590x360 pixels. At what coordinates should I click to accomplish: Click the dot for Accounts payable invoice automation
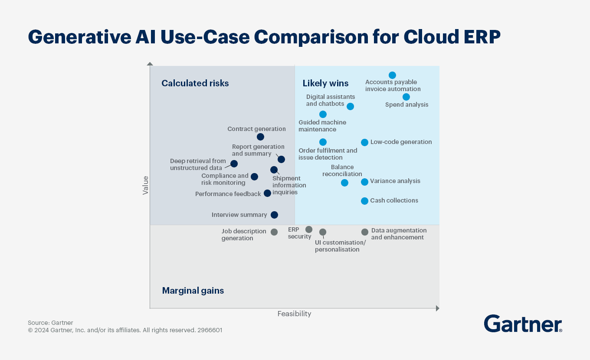pyautogui.click(x=392, y=75)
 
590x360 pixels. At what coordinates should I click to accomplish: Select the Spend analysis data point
pyautogui.click(x=406, y=97)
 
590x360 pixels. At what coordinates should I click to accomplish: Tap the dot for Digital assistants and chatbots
pyautogui.click(x=350, y=106)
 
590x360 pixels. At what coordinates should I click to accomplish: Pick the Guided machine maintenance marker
pyautogui.click(x=323, y=115)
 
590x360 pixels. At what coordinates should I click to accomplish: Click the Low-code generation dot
pyautogui.click(x=364, y=142)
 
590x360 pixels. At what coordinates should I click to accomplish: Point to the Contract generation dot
pyautogui.click(x=260, y=137)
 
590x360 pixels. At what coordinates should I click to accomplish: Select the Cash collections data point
pyautogui.click(x=364, y=201)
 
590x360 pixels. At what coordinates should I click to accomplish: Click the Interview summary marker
pyautogui.click(x=274, y=215)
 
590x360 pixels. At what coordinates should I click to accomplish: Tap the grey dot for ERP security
pyautogui.click(x=309, y=229)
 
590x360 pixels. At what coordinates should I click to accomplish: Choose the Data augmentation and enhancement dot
pyautogui.click(x=365, y=232)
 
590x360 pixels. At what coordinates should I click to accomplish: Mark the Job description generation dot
pyautogui.click(x=274, y=232)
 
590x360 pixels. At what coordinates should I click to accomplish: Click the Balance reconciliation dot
pyautogui.click(x=344, y=183)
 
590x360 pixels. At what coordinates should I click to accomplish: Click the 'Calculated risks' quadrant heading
pyautogui.click(x=195, y=83)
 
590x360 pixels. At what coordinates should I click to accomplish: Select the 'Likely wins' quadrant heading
pyautogui.click(x=325, y=83)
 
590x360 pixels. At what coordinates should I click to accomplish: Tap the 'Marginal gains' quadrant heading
pyautogui.click(x=193, y=291)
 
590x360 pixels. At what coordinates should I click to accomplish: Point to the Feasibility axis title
pyautogui.click(x=294, y=314)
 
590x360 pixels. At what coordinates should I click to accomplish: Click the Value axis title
pyautogui.click(x=146, y=185)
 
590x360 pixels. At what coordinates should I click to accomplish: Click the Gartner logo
pyautogui.click(x=523, y=324)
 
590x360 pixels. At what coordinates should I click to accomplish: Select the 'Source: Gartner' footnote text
pyautogui.click(x=50, y=323)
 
